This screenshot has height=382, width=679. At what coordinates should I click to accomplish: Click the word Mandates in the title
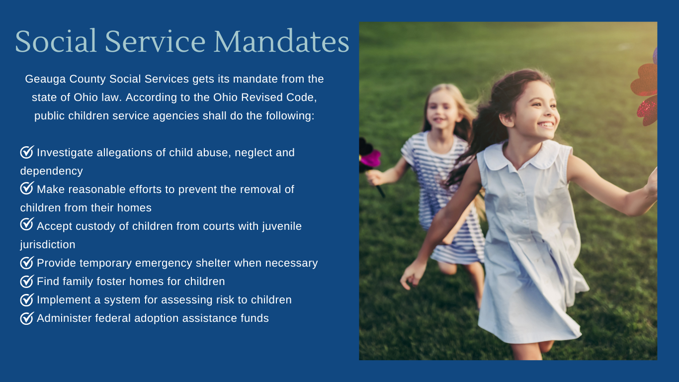click(282, 41)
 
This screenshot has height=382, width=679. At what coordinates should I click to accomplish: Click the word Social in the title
click(56, 41)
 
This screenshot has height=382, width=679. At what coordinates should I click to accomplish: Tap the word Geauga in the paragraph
click(45, 80)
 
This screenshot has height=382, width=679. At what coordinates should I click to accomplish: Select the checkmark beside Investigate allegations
click(27, 152)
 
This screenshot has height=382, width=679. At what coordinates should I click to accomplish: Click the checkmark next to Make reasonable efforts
click(27, 188)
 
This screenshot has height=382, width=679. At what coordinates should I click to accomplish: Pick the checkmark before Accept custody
click(27, 224)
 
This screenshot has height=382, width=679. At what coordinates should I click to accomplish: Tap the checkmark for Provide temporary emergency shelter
click(27, 263)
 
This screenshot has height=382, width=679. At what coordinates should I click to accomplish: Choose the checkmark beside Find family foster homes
click(27, 281)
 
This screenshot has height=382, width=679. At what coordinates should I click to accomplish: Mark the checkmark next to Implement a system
click(27, 299)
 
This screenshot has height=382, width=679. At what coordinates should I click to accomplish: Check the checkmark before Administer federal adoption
click(27, 318)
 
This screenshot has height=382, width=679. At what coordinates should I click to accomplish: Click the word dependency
click(52, 172)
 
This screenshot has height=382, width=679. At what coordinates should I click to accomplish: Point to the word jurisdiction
click(48, 245)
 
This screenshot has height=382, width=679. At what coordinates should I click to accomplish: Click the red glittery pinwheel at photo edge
click(646, 91)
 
